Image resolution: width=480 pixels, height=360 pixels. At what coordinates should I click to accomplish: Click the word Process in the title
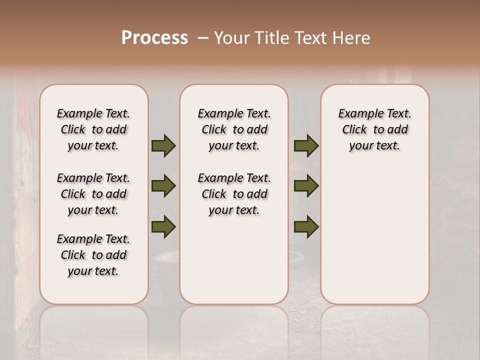click(x=154, y=38)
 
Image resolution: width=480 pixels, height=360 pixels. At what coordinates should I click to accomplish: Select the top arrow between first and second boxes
click(x=163, y=146)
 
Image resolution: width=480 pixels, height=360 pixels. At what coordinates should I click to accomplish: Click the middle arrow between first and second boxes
click(x=163, y=186)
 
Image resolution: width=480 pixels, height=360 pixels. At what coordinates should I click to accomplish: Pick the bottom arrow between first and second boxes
click(x=163, y=226)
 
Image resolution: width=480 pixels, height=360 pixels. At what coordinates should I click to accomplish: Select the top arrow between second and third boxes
click(x=306, y=146)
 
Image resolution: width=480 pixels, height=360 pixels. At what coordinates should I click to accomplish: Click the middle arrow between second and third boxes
click(x=306, y=186)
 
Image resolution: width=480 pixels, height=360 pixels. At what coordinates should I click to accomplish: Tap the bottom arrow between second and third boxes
click(x=306, y=226)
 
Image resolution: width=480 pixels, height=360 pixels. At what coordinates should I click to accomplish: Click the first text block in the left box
click(x=93, y=129)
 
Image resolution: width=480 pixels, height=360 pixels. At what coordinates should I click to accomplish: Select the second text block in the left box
click(x=93, y=194)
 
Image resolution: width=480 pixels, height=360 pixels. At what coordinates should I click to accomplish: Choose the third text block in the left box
click(x=93, y=255)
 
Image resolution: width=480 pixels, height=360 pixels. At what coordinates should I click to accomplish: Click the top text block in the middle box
click(x=234, y=129)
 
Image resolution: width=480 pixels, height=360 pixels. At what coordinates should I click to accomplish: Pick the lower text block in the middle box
click(x=234, y=194)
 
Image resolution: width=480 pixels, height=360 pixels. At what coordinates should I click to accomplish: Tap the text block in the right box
click(x=374, y=129)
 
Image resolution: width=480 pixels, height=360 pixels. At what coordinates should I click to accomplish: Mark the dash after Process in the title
click(x=203, y=38)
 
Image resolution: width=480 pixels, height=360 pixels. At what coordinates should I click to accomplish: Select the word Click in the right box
click(x=354, y=130)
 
